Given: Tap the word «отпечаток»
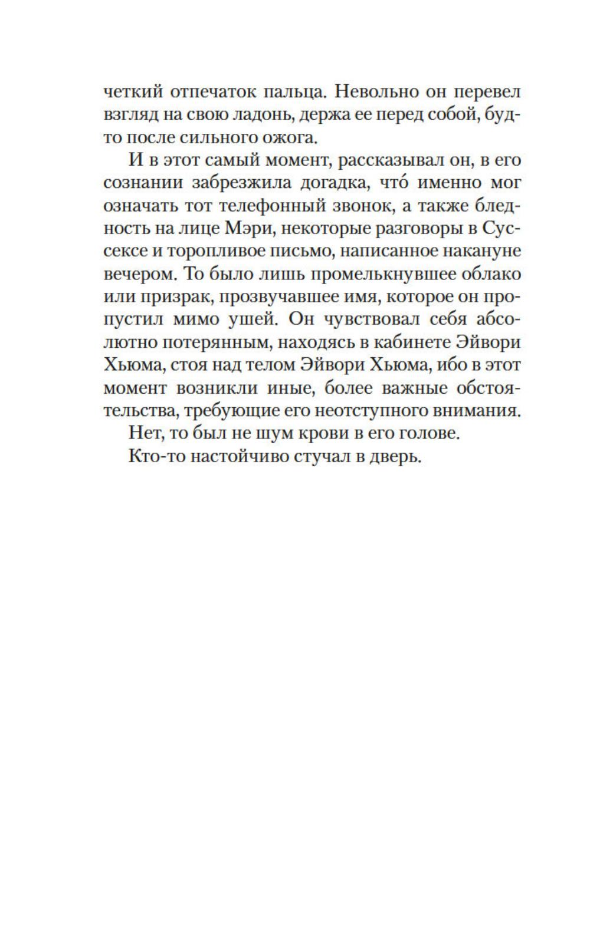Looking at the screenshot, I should tap(212, 92).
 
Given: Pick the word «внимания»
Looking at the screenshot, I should tap(484, 410).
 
